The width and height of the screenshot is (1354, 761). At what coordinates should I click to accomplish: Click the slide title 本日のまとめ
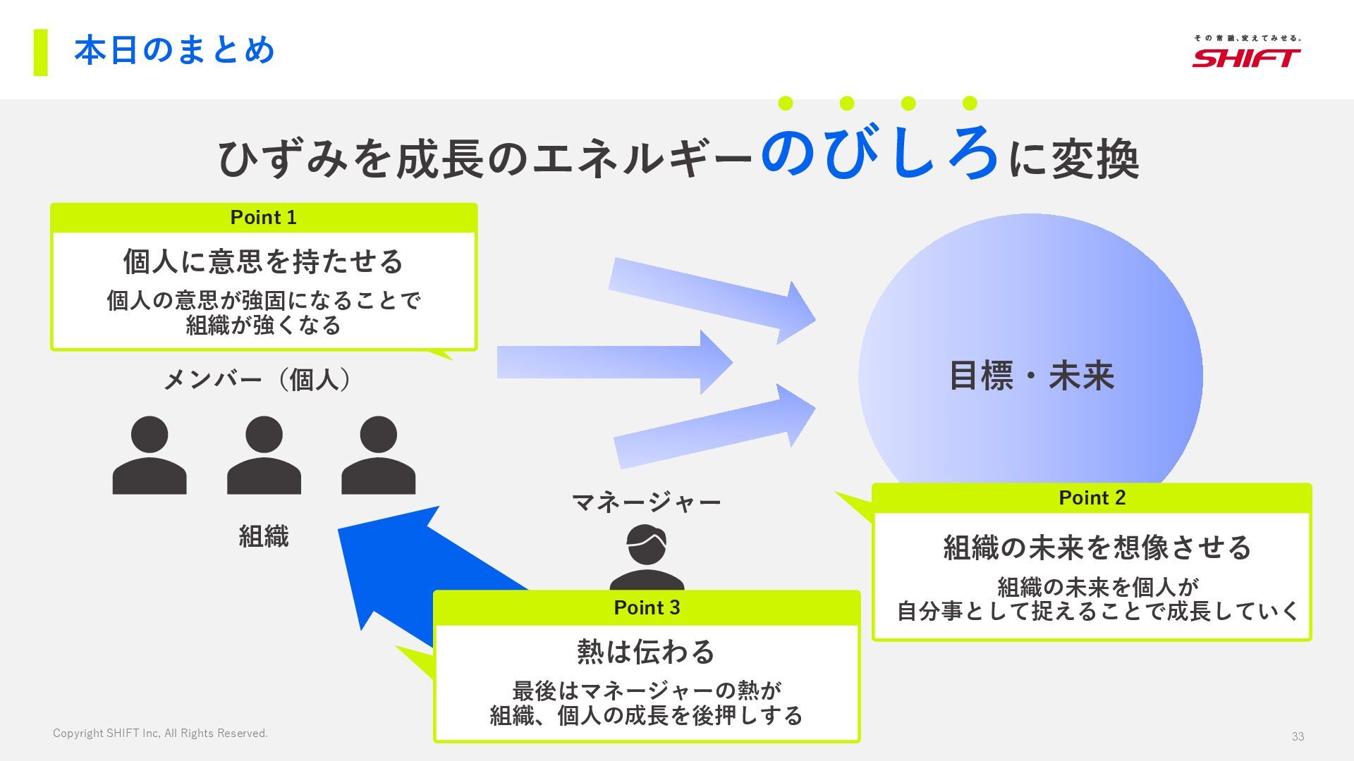(x=174, y=51)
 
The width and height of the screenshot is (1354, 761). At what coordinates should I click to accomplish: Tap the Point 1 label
(x=263, y=218)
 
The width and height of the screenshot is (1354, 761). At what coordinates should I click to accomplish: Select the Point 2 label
(x=1092, y=497)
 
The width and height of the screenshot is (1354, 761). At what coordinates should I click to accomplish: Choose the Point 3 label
(x=647, y=607)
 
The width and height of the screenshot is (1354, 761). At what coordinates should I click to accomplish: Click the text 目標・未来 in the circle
(x=1031, y=376)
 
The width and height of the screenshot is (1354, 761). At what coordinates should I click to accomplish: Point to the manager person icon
(x=647, y=557)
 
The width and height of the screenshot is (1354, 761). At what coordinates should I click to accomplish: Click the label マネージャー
(x=646, y=502)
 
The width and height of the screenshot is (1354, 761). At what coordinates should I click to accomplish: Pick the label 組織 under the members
(x=263, y=536)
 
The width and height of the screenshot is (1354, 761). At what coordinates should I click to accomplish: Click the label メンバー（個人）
(x=257, y=380)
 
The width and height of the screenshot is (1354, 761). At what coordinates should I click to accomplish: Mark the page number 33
(x=1298, y=736)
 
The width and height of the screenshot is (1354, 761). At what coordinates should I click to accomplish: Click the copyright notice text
(x=160, y=734)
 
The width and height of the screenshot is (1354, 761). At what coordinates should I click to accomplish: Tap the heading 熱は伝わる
(x=646, y=652)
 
